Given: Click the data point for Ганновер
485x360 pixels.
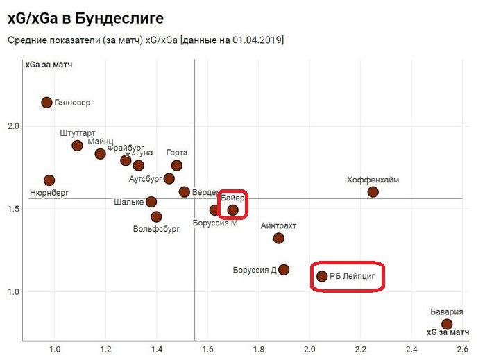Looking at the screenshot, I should click(46, 103).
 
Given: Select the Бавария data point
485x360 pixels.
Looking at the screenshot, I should click(447, 324).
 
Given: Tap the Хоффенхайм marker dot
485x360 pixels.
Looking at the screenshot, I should click(373, 192).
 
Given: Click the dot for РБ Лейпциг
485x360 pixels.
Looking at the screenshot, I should click(322, 276).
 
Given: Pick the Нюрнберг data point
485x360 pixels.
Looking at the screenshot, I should click(49, 180).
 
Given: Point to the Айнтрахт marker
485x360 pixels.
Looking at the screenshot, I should click(279, 239).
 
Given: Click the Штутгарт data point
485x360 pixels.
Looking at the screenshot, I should click(77, 146).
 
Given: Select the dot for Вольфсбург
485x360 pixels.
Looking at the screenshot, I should click(157, 217).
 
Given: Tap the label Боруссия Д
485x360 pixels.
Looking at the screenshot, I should click(255, 270).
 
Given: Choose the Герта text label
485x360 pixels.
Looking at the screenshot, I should click(177, 153).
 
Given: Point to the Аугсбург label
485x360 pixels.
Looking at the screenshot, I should click(145, 179).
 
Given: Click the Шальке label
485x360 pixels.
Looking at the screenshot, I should click(130, 203).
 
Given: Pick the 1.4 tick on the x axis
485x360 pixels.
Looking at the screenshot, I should click(157, 350).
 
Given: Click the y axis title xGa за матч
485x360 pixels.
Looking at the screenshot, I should click(49, 65).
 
